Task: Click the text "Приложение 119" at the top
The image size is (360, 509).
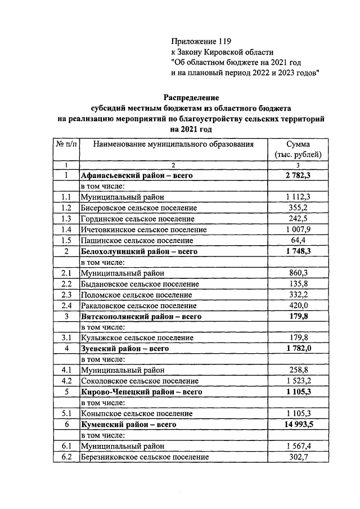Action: [201, 41]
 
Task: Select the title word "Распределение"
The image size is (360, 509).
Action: [191, 97]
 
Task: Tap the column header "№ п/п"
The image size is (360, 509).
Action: [66, 144]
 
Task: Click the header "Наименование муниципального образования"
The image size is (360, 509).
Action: [173, 144]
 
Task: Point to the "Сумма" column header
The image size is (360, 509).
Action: [298, 144]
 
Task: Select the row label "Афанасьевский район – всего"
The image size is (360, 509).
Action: [137, 175]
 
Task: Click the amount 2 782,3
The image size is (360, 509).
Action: [298, 175]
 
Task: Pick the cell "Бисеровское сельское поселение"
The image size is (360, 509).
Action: [138, 208]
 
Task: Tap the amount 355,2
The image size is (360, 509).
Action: [298, 208]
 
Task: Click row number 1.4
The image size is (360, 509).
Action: [66, 229]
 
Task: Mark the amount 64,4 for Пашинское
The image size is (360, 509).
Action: [298, 240]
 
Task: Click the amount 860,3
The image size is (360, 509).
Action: [298, 273]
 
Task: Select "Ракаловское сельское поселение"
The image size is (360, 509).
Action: [138, 305]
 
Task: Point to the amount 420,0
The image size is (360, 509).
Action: [298, 305]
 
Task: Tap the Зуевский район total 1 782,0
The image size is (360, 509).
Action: [298, 349]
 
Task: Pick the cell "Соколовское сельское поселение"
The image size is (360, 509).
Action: [139, 381]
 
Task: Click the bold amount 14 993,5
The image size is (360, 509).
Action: [298, 424]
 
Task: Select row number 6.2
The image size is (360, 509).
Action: [66, 457]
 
